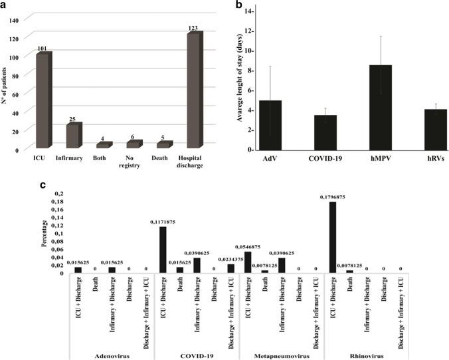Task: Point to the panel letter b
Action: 243,5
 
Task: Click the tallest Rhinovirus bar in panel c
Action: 332,236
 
